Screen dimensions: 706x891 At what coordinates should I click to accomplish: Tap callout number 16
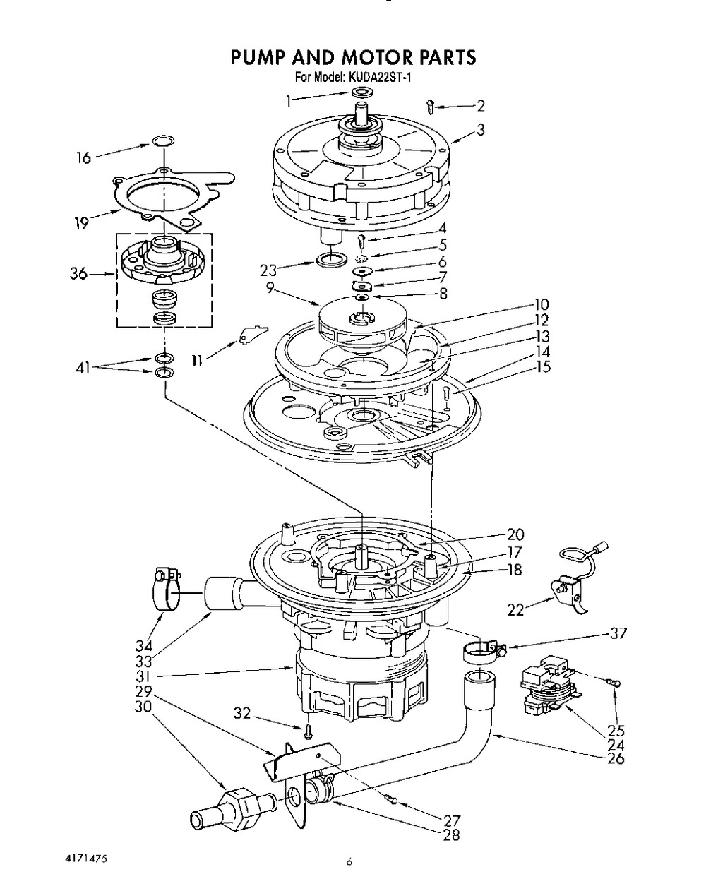pos(83,157)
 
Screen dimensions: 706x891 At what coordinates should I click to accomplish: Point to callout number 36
pos(78,273)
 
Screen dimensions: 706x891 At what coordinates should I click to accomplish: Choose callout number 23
pos(268,270)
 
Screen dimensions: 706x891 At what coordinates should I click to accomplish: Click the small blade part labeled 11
pos(253,333)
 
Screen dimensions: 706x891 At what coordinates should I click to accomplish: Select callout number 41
pos(83,367)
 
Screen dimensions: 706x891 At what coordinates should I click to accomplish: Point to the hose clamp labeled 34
pos(166,590)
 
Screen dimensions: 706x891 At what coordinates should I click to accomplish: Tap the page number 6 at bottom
pos(349,862)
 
